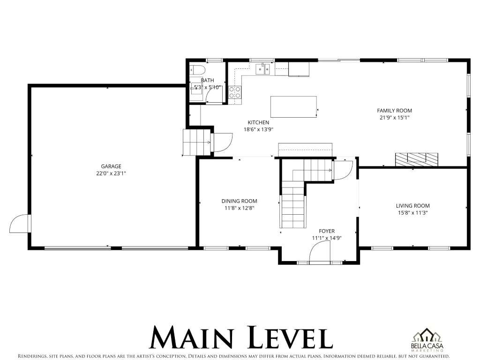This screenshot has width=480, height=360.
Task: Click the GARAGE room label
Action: point(111,166)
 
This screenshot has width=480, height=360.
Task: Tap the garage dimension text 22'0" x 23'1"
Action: point(111,173)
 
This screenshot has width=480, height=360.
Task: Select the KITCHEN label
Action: point(258,122)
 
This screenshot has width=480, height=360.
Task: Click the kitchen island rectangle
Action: point(293,106)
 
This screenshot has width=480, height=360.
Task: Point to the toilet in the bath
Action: point(197,70)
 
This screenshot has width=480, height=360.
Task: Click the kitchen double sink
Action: point(263,69)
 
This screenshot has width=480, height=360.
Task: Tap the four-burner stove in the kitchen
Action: point(235,92)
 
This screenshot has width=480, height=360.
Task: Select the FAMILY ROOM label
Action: point(394,111)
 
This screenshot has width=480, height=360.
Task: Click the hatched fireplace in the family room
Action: point(417,159)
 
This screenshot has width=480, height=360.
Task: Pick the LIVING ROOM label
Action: point(412,206)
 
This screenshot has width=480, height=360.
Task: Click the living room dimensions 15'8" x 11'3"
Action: point(412,213)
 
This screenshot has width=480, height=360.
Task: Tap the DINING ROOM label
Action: point(240,201)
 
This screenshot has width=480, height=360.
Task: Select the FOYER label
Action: point(327,231)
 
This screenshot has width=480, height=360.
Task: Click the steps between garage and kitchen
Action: point(196,142)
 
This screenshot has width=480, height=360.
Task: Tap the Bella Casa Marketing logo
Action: point(427,340)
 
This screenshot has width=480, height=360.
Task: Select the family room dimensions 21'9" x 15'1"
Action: point(394,118)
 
